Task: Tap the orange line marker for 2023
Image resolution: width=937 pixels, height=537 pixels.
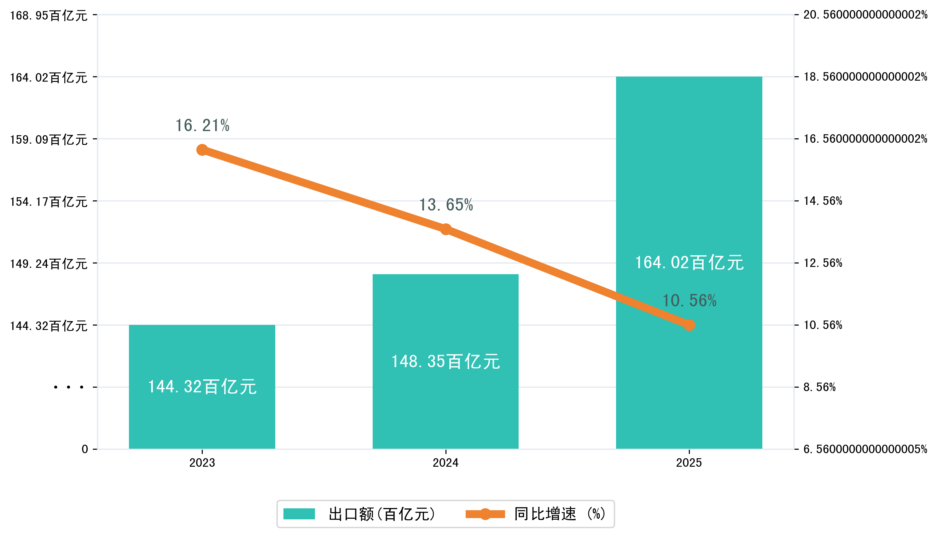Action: (x=202, y=150)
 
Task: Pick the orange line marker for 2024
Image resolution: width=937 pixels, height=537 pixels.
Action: (x=445, y=229)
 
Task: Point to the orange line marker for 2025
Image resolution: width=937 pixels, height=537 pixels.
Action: (x=689, y=325)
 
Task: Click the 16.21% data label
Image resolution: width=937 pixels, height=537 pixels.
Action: (x=202, y=126)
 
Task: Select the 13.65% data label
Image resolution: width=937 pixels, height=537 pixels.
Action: (x=445, y=205)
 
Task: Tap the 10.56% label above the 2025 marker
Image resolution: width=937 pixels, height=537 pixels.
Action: (x=689, y=301)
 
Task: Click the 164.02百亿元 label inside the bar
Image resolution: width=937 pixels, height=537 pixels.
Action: (x=689, y=263)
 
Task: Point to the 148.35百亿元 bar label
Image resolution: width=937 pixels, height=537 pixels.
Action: (x=445, y=361)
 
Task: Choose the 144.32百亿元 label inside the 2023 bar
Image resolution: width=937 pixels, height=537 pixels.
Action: (x=202, y=387)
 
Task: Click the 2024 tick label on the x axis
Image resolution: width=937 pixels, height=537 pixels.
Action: (x=445, y=463)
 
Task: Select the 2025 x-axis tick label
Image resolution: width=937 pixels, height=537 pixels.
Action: (x=689, y=463)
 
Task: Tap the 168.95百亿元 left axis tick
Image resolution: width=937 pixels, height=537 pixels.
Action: (x=48, y=15)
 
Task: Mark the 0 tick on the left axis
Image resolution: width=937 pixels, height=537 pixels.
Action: (x=85, y=449)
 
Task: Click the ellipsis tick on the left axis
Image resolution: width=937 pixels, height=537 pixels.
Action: (x=69, y=387)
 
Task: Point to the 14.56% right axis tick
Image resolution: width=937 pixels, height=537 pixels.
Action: (x=823, y=201)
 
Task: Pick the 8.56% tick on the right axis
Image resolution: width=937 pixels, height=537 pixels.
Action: (x=819, y=387)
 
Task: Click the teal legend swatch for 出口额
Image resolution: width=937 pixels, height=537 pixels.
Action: (x=299, y=514)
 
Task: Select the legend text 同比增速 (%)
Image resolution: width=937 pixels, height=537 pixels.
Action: (x=560, y=514)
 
